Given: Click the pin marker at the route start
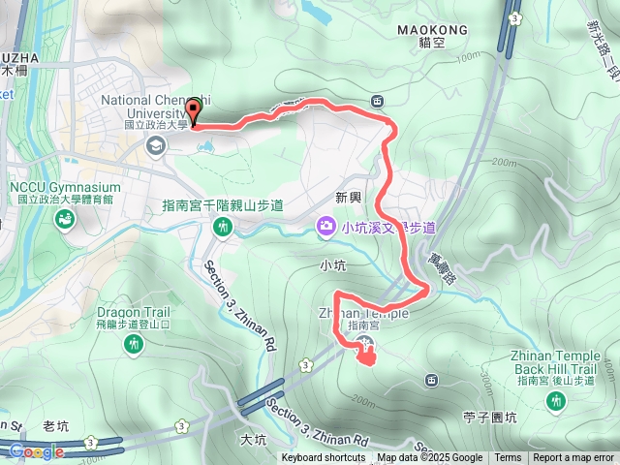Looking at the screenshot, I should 194,111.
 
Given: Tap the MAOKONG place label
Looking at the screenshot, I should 432,30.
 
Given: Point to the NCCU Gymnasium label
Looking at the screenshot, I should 63,187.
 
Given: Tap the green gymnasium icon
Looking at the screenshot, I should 64,220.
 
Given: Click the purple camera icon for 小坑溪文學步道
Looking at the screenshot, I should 326,227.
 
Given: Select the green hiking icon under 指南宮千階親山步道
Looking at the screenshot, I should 224,227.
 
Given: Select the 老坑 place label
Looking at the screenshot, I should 58,426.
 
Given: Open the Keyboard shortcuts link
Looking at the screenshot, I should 324,458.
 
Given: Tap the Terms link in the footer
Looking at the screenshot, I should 508,458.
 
